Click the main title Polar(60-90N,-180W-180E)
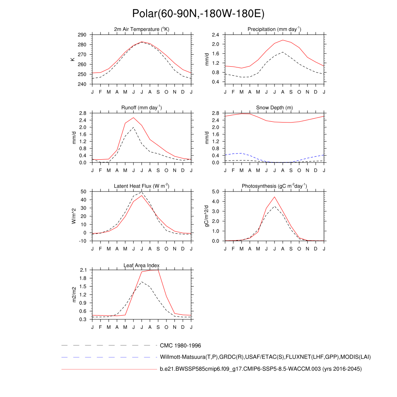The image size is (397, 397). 198,14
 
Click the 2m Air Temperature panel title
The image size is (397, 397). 142,29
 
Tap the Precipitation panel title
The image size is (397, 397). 274,29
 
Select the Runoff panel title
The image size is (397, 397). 142,108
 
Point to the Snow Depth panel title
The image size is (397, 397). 274,108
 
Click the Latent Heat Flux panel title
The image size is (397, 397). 142,186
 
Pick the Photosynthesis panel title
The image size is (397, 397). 274,186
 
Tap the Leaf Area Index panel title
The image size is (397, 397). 142,265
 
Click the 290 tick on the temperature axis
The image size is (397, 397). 82,35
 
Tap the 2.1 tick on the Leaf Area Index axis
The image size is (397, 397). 83,270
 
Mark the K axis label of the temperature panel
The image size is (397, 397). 72,59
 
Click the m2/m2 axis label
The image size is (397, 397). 72,294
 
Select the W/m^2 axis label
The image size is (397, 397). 72,216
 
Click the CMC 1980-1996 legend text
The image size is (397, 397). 180,345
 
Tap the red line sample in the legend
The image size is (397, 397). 109,369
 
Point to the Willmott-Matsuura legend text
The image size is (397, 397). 266,357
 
